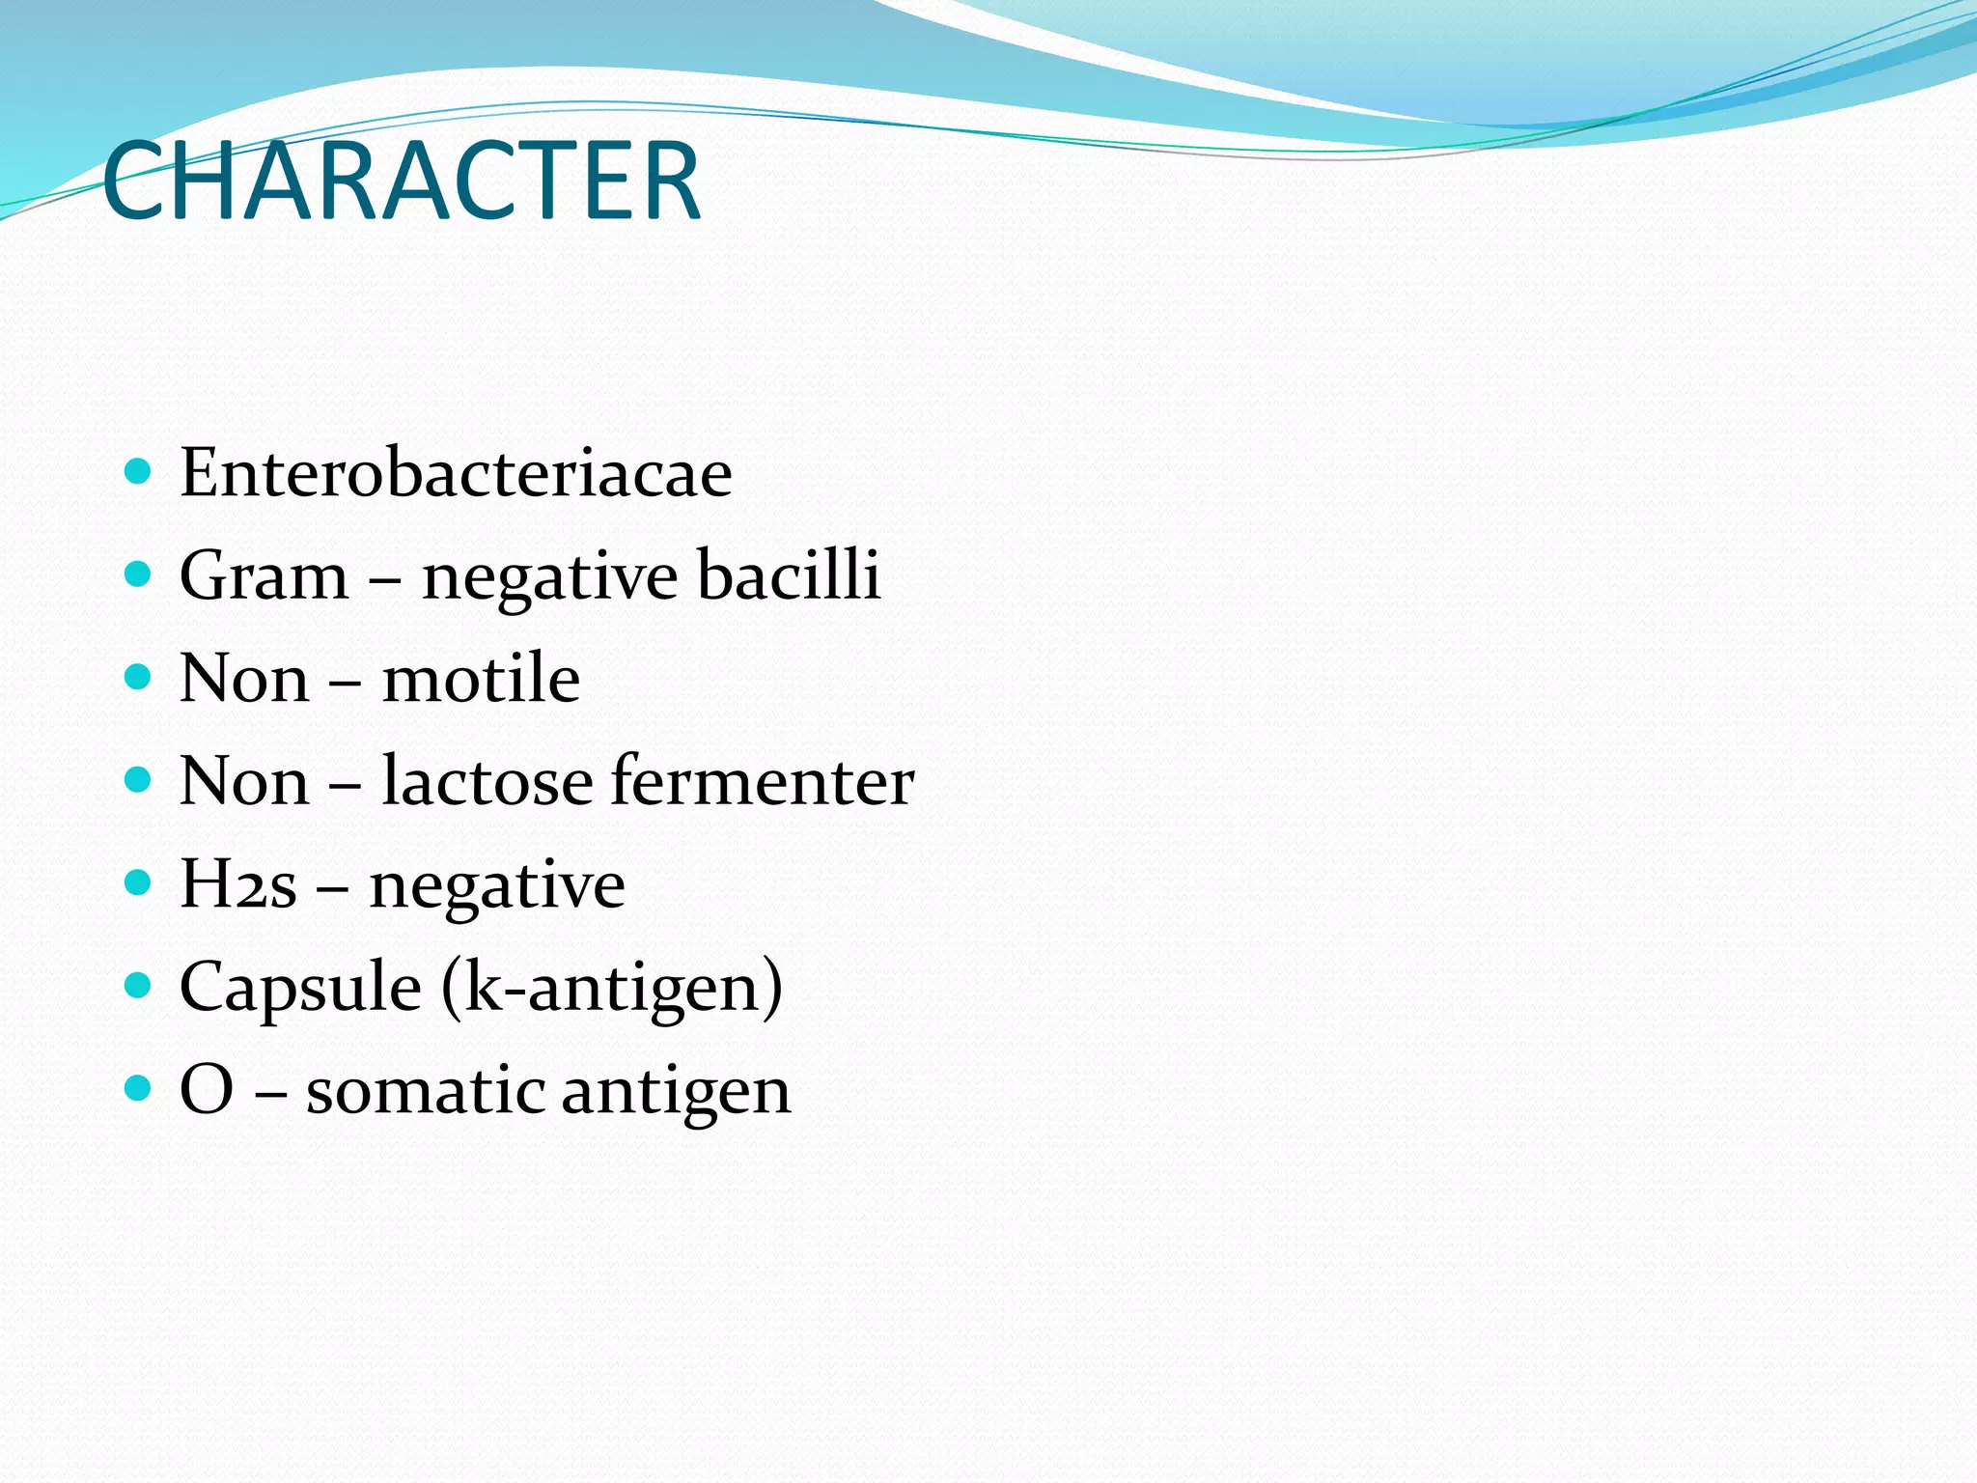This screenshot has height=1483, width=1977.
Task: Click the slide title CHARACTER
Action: coord(401,182)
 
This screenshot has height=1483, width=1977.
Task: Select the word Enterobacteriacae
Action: coord(456,473)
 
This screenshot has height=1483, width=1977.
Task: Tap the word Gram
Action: coord(264,576)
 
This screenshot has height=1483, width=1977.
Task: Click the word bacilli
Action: coord(789,574)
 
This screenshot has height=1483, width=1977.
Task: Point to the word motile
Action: coord(481,678)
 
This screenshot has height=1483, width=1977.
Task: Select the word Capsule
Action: coord(300,989)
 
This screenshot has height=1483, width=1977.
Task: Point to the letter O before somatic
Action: coord(207,1090)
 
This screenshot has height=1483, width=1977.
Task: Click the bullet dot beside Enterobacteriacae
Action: coord(139,471)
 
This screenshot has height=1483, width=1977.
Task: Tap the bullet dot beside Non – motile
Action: coord(139,677)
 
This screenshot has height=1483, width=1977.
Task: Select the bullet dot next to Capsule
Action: coord(139,986)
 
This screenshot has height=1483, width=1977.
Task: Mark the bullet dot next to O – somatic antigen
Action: coord(139,1089)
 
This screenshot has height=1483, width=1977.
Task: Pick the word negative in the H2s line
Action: coord(497,886)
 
